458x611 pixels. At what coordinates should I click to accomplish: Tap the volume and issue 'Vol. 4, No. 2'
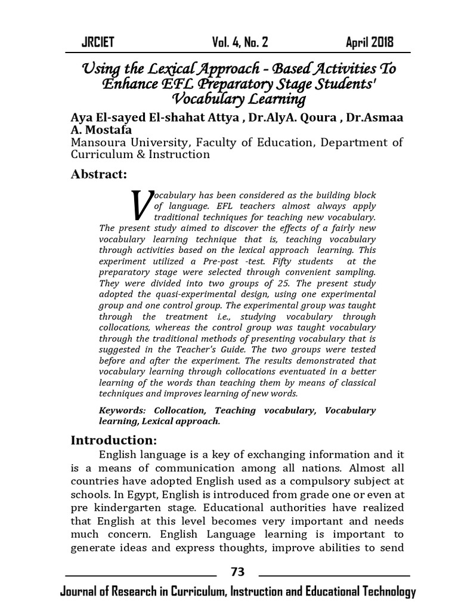coord(240,42)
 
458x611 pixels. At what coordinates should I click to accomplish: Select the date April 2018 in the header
coord(370,42)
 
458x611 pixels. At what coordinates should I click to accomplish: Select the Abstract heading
coord(99,174)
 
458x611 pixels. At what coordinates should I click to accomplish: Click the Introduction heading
coord(113,440)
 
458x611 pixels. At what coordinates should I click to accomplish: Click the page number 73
coord(237,572)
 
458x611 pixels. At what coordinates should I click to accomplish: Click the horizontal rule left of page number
coord(140,576)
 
